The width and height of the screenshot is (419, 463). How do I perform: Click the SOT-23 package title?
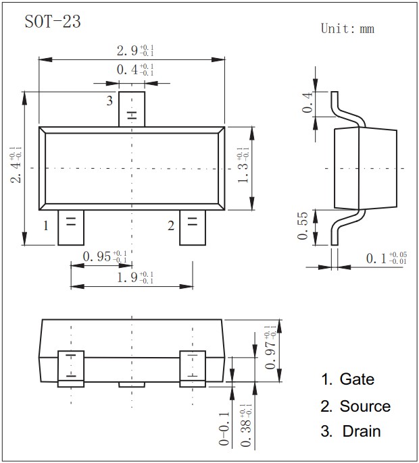[53, 22]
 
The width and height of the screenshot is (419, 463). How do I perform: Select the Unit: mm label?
[347, 28]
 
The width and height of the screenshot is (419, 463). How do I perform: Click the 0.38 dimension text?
[244, 425]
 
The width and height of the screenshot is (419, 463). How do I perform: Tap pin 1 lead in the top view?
[70, 227]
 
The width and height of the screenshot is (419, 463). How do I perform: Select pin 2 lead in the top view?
[191, 227]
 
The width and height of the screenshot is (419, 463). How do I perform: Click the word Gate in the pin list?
[357, 379]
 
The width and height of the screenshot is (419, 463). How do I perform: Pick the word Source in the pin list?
[365, 406]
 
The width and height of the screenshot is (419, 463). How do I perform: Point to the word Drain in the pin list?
[360, 431]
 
